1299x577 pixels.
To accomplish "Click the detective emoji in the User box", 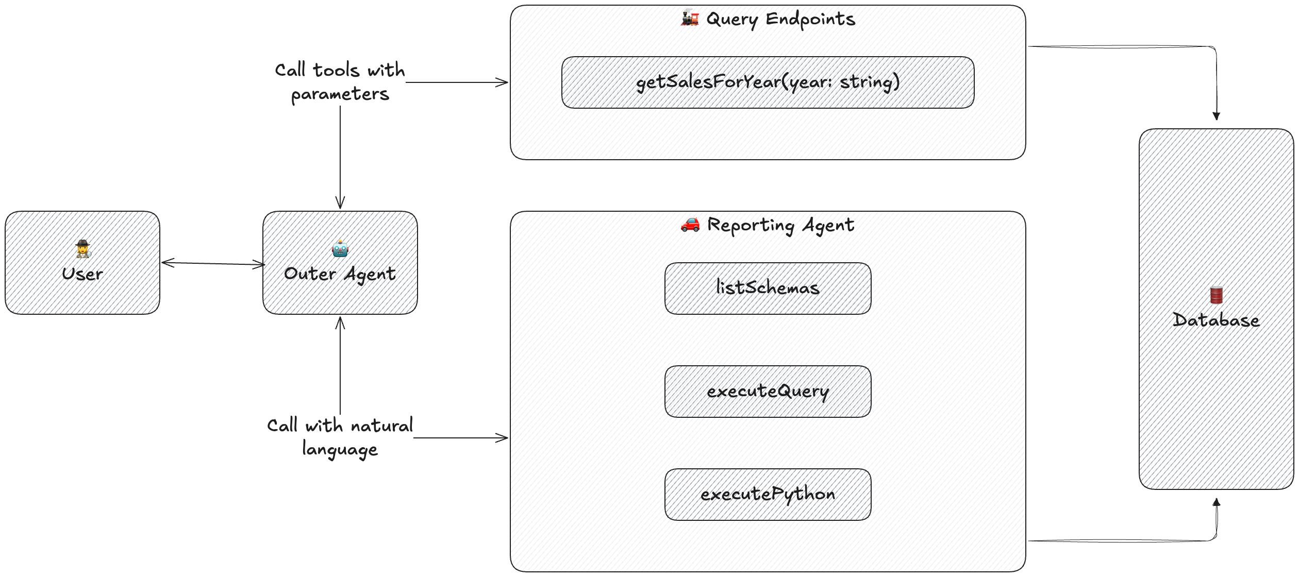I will coord(83,249).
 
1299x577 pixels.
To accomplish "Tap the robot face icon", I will coord(340,249).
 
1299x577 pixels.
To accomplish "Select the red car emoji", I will coord(690,224).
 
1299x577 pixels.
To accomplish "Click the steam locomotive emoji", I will coord(690,19).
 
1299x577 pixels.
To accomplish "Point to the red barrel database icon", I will coord(1216,295).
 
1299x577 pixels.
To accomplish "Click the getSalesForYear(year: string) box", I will coord(768,82).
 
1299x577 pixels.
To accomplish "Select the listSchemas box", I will coord(768,288).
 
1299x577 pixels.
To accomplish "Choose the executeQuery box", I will coord(768,392).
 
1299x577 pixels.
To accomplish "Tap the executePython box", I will coord(768,494).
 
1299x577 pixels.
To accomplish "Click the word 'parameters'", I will coord(340,94).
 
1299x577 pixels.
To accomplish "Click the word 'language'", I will coord(340,450).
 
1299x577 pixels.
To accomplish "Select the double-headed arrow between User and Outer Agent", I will coord(212,263).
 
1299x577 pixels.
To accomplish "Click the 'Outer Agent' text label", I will coord(340,274).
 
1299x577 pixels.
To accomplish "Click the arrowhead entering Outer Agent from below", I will coord(340,323).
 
